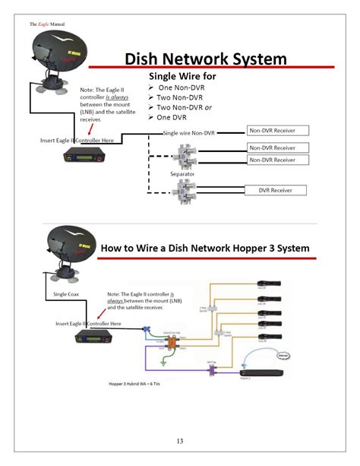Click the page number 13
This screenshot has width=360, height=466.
coord(180,441)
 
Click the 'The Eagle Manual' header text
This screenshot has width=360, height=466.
coord(47,24)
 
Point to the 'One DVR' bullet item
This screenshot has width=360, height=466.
coord(175,117)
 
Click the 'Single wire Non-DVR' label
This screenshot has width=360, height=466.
coord(189,133)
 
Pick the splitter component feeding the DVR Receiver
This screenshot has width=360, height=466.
coord(185,188)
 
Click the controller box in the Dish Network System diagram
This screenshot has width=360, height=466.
coord(83,156)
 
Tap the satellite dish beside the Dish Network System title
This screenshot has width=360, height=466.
coord(51,59)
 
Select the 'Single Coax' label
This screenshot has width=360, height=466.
coord(67,293)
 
